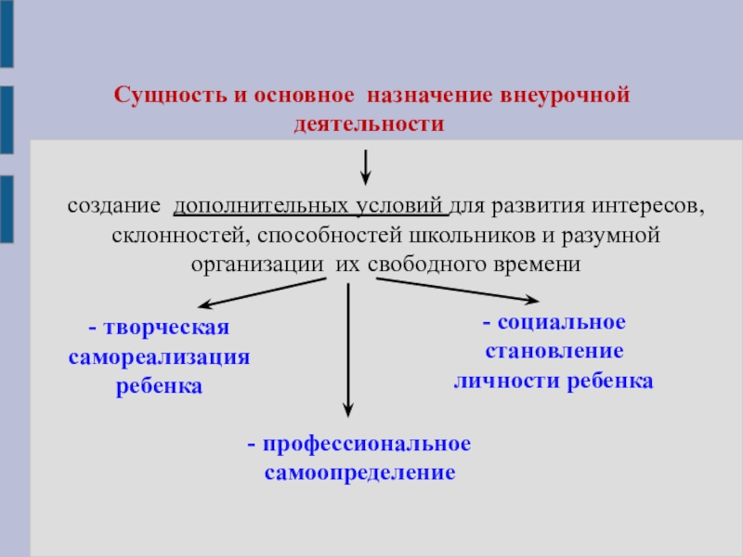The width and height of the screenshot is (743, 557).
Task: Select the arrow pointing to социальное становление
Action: [x=460, y=290]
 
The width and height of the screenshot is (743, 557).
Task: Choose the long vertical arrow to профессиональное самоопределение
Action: [x=348, y=348]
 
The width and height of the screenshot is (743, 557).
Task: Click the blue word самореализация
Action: [x=160, y=357]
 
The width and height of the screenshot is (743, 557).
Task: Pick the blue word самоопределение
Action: [x=359, y=473]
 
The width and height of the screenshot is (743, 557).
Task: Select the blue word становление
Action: [x=554, y=352]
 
